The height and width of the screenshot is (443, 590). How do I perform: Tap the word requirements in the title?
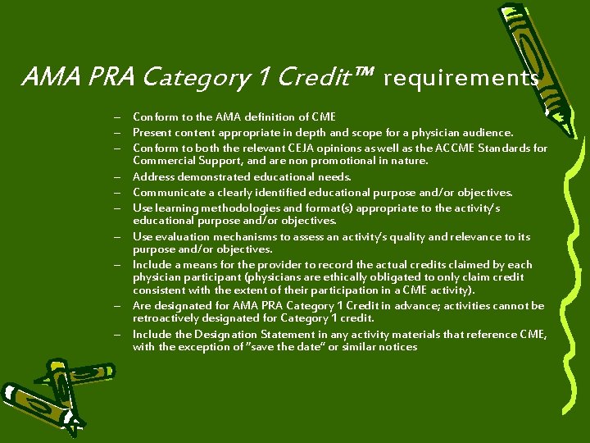point(461,78)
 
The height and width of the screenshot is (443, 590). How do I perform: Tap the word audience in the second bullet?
point(490,132)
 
